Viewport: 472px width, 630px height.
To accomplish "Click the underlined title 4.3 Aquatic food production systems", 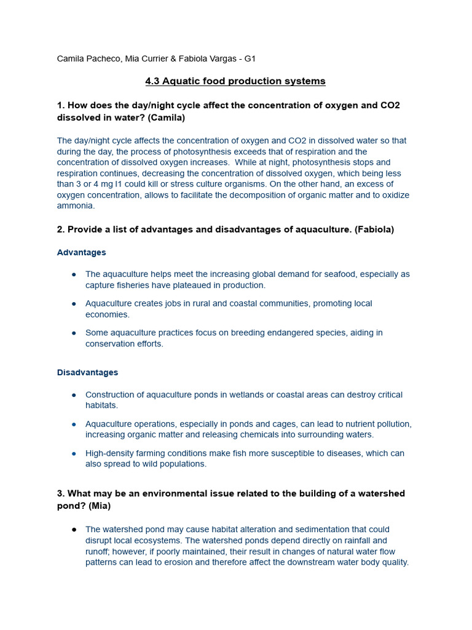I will pyautogui.click(x=235, y=81).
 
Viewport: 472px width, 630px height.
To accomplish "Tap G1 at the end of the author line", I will pyautogui.click(x=250, y=59).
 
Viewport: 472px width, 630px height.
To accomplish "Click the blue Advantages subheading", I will pyautogui.click(x=81, y=252).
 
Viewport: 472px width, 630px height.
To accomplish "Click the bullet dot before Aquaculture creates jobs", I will pyautogui.click(x=74, y=304).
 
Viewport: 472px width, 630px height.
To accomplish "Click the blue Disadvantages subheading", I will pyautogui.click(x=87, y=373).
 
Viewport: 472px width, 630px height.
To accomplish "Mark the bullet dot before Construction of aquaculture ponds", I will pyautogui.click(x=74, y=395).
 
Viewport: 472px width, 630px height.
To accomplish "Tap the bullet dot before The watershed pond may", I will pyautogui.click(x=74, y=530).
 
